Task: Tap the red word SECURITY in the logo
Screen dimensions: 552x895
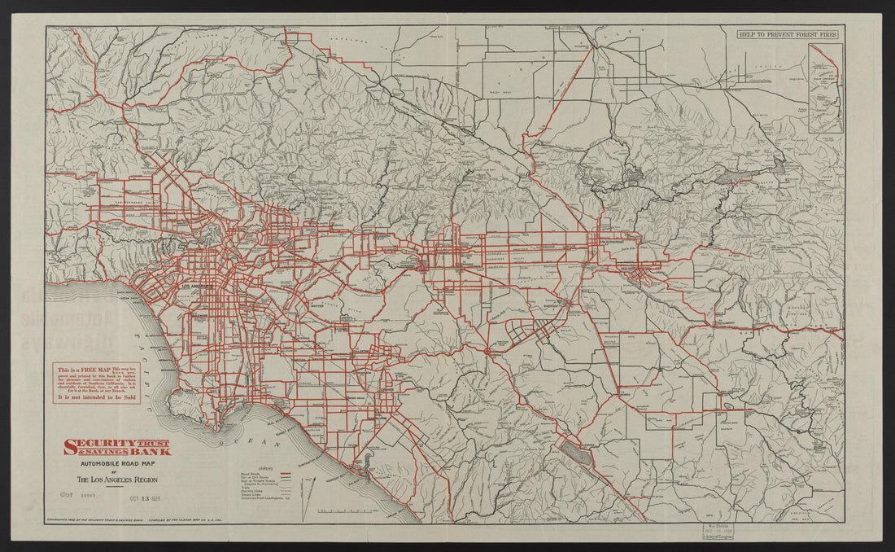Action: tap(94, 445)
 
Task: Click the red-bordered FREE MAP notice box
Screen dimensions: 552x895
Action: tap(97, 383)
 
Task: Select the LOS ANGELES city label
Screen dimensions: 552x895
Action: tap(196, 287)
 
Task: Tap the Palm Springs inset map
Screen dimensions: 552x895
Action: tap(825, 88)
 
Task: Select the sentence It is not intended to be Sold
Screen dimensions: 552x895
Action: tap(97, 397)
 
